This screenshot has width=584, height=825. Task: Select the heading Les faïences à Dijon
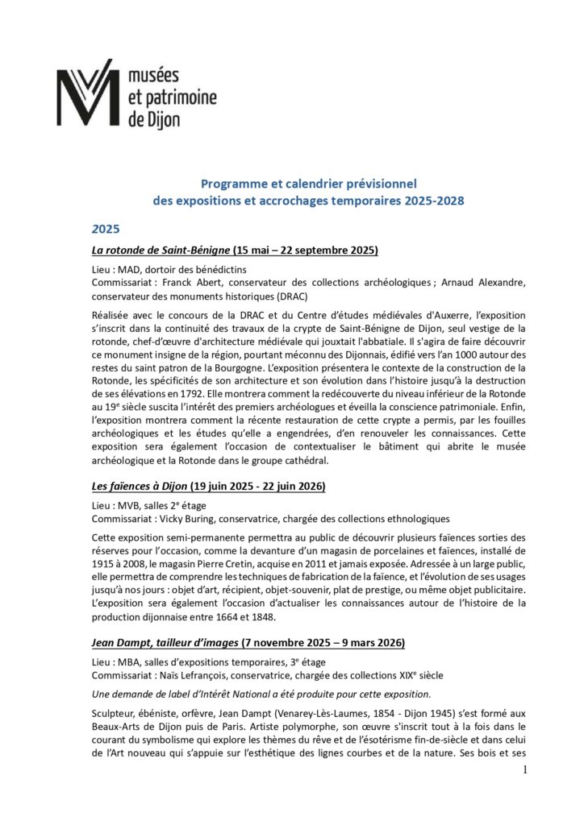point(138,486)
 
